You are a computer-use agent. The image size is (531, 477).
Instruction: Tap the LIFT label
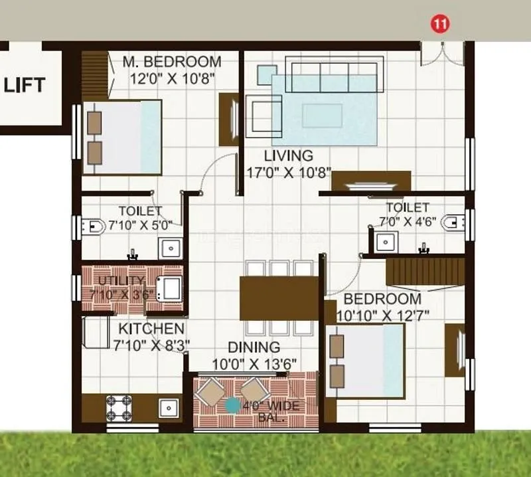pyautogui.click(x=25, y=85)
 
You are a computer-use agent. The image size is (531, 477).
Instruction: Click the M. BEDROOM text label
pyautogui.click(x=172, y=62)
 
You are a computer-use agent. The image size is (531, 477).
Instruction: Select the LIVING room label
pyautogui.click(x=288, y=156)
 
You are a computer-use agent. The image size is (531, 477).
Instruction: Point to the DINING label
pyautogui.click(x=254, y=347)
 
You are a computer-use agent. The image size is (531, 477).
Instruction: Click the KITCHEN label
pyautogui.click(x=151, y=329)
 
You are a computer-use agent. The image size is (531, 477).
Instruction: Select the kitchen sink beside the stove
pyautogui.click(x=168, y=407)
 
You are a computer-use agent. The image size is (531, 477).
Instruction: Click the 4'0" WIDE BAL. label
pyautogui.click(x=271, y=412)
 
